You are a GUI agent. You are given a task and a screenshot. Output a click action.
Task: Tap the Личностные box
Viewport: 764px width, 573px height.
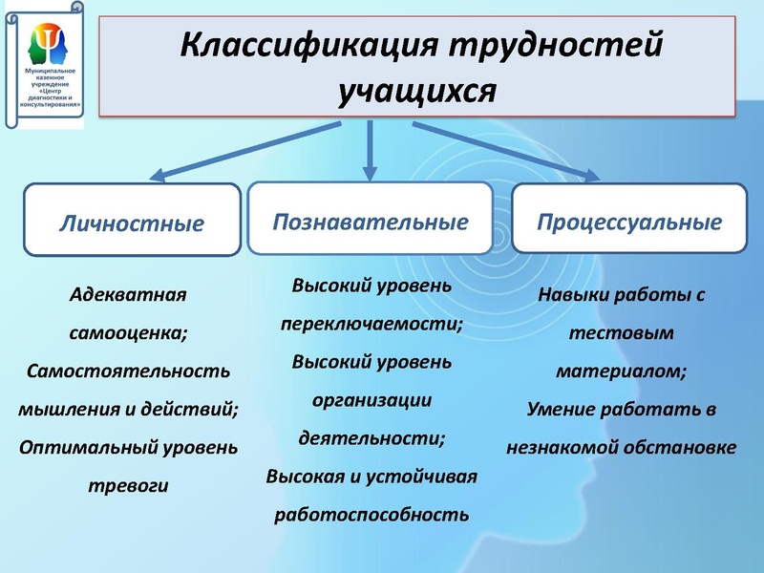[x=132, y=223]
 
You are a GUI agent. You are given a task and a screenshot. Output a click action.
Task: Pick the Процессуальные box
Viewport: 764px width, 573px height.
[x=628, y=222]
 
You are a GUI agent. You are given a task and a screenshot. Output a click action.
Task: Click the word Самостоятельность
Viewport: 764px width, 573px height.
[x=128, y=371]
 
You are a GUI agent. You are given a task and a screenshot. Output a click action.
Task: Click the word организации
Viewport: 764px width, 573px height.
[x=371, y=400]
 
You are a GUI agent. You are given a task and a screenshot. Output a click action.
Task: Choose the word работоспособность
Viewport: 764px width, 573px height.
[x=371, y=515]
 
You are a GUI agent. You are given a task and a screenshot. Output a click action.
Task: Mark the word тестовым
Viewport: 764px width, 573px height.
[x=621, y=333]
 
